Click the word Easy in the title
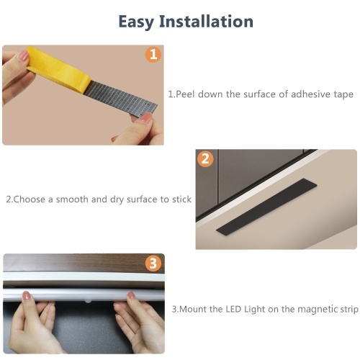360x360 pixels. (x=136, y=22)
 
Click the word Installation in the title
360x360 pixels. (x=206, y=21)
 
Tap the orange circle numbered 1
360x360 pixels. (x=153, y=55)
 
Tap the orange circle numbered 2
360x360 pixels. (x=205, y=158)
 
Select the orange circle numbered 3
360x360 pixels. (x=153, y=264)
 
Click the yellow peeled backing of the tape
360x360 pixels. (x=58, y=69)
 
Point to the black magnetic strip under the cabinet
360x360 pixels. (x=266, y=207)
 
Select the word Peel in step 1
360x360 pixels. (x=185, y=94)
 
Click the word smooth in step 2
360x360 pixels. (x=72, y=199)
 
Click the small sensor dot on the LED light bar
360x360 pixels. (x=88, y=300)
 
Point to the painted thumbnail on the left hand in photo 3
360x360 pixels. (x=27, y=296)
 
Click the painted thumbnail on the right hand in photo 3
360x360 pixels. (x=131, y=295)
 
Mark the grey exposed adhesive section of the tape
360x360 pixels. (x=121, y=99)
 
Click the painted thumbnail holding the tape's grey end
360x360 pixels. (x=145, y=117)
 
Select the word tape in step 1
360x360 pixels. (x=343, y=94)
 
